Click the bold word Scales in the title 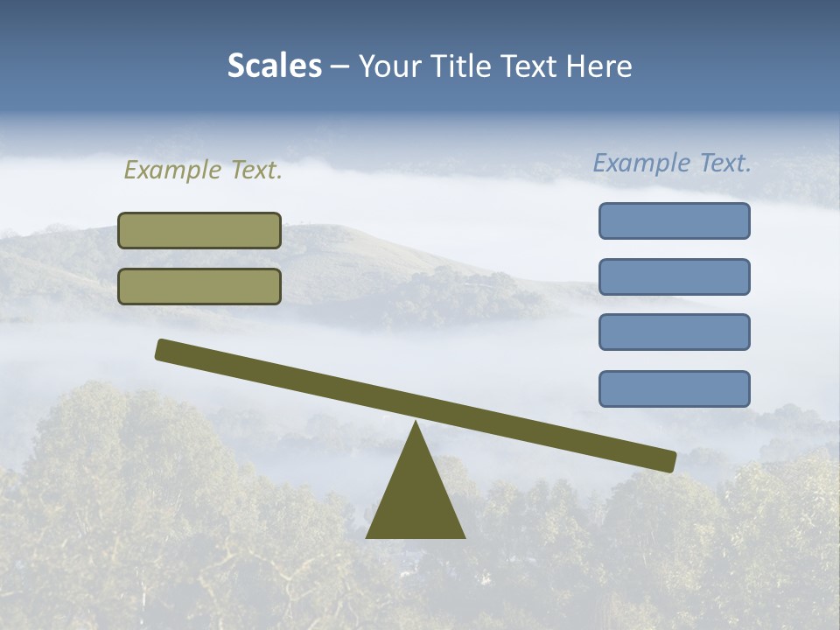coord(275,66)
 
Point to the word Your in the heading coord(390,66)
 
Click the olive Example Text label coord(203,171)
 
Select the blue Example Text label coord(672,164)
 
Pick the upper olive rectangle coord(199,230)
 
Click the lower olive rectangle coord(199,286)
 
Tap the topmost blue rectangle coord(674,220)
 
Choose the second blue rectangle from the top coord(674,276)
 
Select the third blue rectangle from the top coord(674,332)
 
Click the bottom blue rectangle coord(674,388)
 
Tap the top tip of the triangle coord(416,424)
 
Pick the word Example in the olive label coord(171,171)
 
